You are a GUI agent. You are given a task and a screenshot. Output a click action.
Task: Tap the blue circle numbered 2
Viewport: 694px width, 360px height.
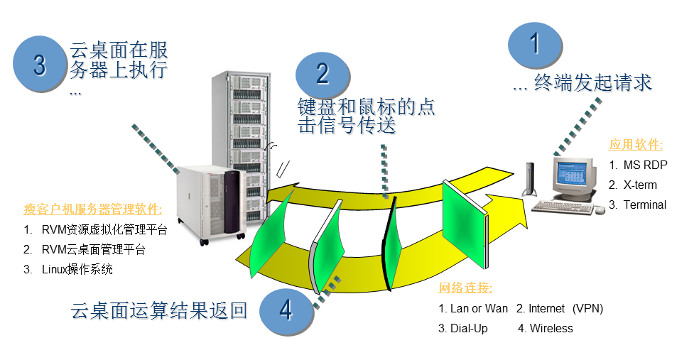tap(322, 74)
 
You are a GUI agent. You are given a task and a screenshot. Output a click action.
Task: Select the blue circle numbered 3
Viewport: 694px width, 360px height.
tap(39, 64)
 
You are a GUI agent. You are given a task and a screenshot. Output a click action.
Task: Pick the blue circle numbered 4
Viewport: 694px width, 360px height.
tap(286, 310)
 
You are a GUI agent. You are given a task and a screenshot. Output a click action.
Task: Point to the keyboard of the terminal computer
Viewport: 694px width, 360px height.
tap(563, 207)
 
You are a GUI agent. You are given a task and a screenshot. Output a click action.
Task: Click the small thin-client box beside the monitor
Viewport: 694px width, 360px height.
tap(529, 179)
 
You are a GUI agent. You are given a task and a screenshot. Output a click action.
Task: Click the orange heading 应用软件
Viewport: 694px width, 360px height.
tap(636, 145)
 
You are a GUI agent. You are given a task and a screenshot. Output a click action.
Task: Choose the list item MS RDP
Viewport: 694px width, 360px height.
tap(638, 165)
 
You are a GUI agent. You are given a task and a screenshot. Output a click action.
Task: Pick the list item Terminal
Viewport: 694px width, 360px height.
tap(637, 204)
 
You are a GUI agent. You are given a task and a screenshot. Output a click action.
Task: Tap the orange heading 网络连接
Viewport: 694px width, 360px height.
tap(465, 288)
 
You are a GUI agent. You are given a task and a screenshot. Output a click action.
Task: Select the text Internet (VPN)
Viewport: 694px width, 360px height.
tap(560, 308)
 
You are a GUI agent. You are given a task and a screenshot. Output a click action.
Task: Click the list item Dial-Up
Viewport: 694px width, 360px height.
tap(463, 329)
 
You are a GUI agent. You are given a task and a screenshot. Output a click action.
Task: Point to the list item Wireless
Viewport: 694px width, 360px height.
tap(546, 328)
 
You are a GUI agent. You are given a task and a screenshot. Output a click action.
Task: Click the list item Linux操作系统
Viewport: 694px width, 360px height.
tap(68, 269)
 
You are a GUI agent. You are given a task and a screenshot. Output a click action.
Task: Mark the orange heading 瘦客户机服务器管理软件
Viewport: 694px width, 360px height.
tap(92, 209)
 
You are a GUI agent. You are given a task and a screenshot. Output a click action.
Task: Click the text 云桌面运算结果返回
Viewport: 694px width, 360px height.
tap(159, 310)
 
